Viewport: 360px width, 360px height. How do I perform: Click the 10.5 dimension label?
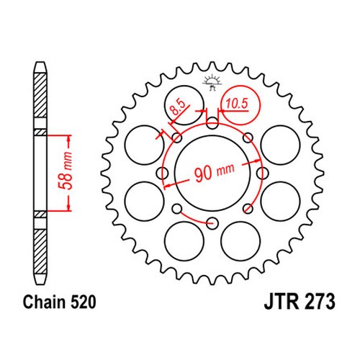[236, 104]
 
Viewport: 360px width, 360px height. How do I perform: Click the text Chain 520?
[59, 302]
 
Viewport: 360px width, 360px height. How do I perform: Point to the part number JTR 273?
[300, 301]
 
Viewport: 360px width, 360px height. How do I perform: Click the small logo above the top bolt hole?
[212, 83]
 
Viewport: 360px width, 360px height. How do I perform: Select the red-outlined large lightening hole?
[240, 104]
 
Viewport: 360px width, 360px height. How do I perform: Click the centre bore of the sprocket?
[212, 173]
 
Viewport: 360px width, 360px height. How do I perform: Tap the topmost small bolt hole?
[212, 123]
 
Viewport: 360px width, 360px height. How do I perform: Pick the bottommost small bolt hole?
[212, 223]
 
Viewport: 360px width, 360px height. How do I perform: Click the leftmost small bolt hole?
[162, 173]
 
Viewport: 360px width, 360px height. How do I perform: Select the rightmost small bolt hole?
[262, 173]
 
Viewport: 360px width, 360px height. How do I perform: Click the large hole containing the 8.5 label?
[184, 105]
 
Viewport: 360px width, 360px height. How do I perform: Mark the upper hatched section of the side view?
[40, 95]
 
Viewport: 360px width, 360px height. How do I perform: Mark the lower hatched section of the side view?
[40, 251]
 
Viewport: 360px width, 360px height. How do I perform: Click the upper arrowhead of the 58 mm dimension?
[69, 139]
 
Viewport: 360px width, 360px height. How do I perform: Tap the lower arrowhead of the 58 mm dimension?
[69, 207]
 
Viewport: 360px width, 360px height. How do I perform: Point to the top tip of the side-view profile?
[40, 62]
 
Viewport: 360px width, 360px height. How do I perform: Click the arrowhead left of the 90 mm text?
[167, 185]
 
